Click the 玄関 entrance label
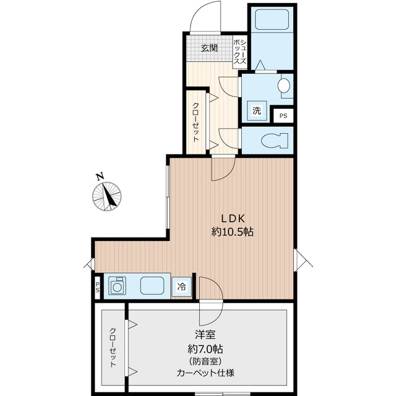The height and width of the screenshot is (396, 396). tap(209, 48)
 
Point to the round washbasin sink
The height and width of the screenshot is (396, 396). tap(285, 86)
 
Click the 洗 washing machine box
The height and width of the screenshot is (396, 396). tap(257, 111)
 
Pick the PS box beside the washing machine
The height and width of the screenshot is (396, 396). tap(283, 116)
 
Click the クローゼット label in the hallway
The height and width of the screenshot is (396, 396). tap(195, 122)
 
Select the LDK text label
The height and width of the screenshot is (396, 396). tap(234, 218)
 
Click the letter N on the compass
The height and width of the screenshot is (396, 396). tap(100, 176)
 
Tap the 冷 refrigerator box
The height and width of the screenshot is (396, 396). tap(182, 286)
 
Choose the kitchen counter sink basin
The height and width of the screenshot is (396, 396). tap(152, 286)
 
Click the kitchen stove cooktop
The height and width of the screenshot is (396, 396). tap(118, 286)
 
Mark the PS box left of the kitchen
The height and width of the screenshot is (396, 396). tap(98, 287)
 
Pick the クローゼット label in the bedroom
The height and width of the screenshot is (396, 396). tap(113, 347)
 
